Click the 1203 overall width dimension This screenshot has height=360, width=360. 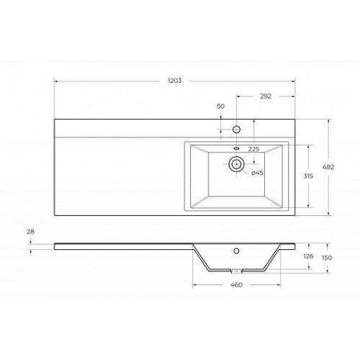tap(174, 81)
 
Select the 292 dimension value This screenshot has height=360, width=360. tap(266, 96)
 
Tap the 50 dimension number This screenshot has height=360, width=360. tap(220, 106)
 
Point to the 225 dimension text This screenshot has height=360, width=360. tap(253, 149)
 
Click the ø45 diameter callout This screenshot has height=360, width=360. tap(257, 173)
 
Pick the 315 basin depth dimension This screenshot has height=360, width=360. tap(308, 176)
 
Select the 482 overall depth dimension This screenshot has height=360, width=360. tap(328, 167)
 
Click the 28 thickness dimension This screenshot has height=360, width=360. tap(30, 232)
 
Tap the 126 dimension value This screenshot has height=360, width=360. tap(308, 256)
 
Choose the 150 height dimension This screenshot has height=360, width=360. tap(327, 258)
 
